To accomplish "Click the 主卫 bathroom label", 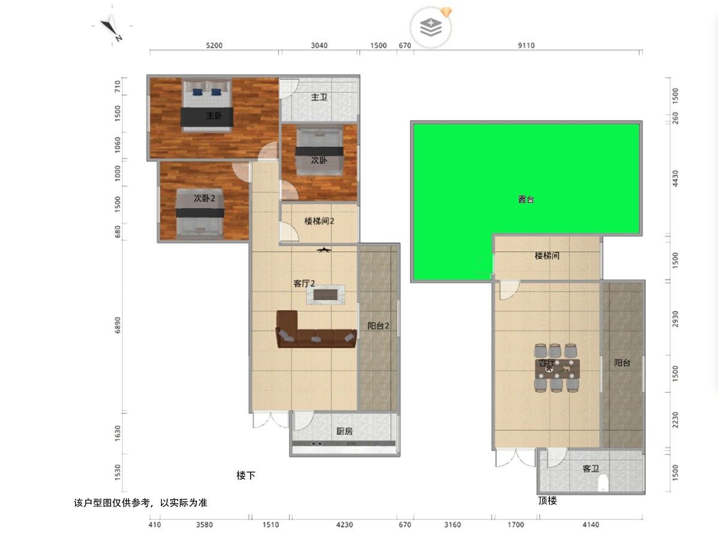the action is (x=319, y=97).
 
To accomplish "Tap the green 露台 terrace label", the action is (x=526, y=199).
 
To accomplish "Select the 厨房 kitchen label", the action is (x=345, y=431).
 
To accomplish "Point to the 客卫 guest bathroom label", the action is (x=591, y=469).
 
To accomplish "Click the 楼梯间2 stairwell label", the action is (x=320, y=221).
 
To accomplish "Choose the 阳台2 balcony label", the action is (x=378, y=326).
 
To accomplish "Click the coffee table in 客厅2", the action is (x=325, y=295).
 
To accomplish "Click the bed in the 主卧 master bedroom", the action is (x=207, y=105).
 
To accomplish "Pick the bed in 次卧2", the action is (x=200, y=213).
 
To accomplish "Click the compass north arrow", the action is (x=111, y=29).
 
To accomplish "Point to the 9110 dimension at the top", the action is (x=527, y=45).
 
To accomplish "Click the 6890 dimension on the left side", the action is (x=117, y=325).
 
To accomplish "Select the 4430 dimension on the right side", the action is (x=676, y=178).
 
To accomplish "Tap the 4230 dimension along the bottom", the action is (x=345, y=525).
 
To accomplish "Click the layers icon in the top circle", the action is (x=431, y=27).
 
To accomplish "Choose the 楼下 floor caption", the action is (x=246, y=475).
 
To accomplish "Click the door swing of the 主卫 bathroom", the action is (x=290, y=88).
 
